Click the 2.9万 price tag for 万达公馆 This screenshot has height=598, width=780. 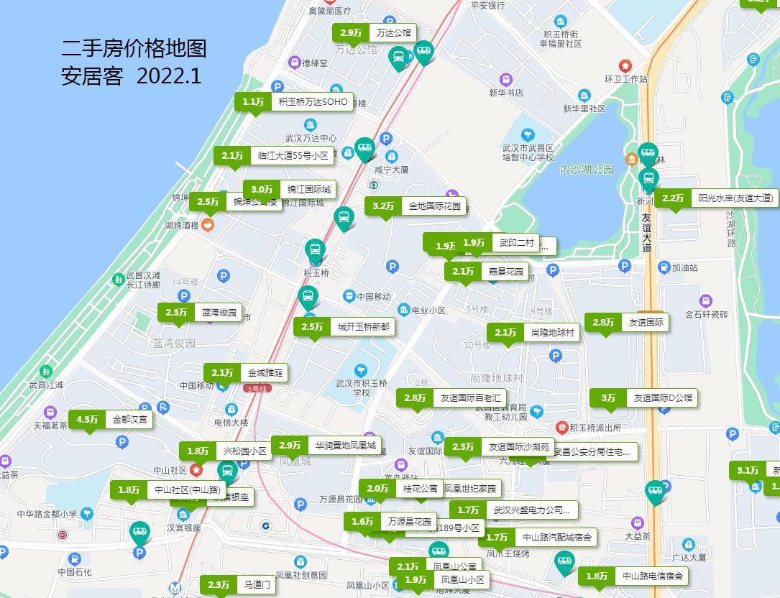point(374,33)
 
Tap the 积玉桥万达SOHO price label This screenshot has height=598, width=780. point(294,102)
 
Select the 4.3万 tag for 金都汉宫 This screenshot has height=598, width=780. point(111,420)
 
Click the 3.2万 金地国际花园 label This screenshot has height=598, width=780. point(415,206)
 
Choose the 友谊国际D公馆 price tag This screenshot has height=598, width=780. point(643,397)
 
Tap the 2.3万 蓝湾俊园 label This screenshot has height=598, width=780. point(200,313)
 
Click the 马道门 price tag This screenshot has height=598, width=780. point(237,585)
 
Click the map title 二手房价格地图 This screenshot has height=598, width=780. point(134,48)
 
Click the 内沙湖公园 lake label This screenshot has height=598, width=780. point(587,170)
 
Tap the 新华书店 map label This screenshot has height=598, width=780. point(506,93)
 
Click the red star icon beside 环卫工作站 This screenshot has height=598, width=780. point(625,65)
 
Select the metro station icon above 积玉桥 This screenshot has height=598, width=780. point(315,251)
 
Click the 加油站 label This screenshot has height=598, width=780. point(684,267)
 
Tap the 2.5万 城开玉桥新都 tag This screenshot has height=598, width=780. point(344,327)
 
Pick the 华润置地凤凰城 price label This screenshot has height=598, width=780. point(326,446)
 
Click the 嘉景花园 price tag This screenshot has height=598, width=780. point(487,272)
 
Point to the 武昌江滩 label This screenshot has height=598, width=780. point(46,385)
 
